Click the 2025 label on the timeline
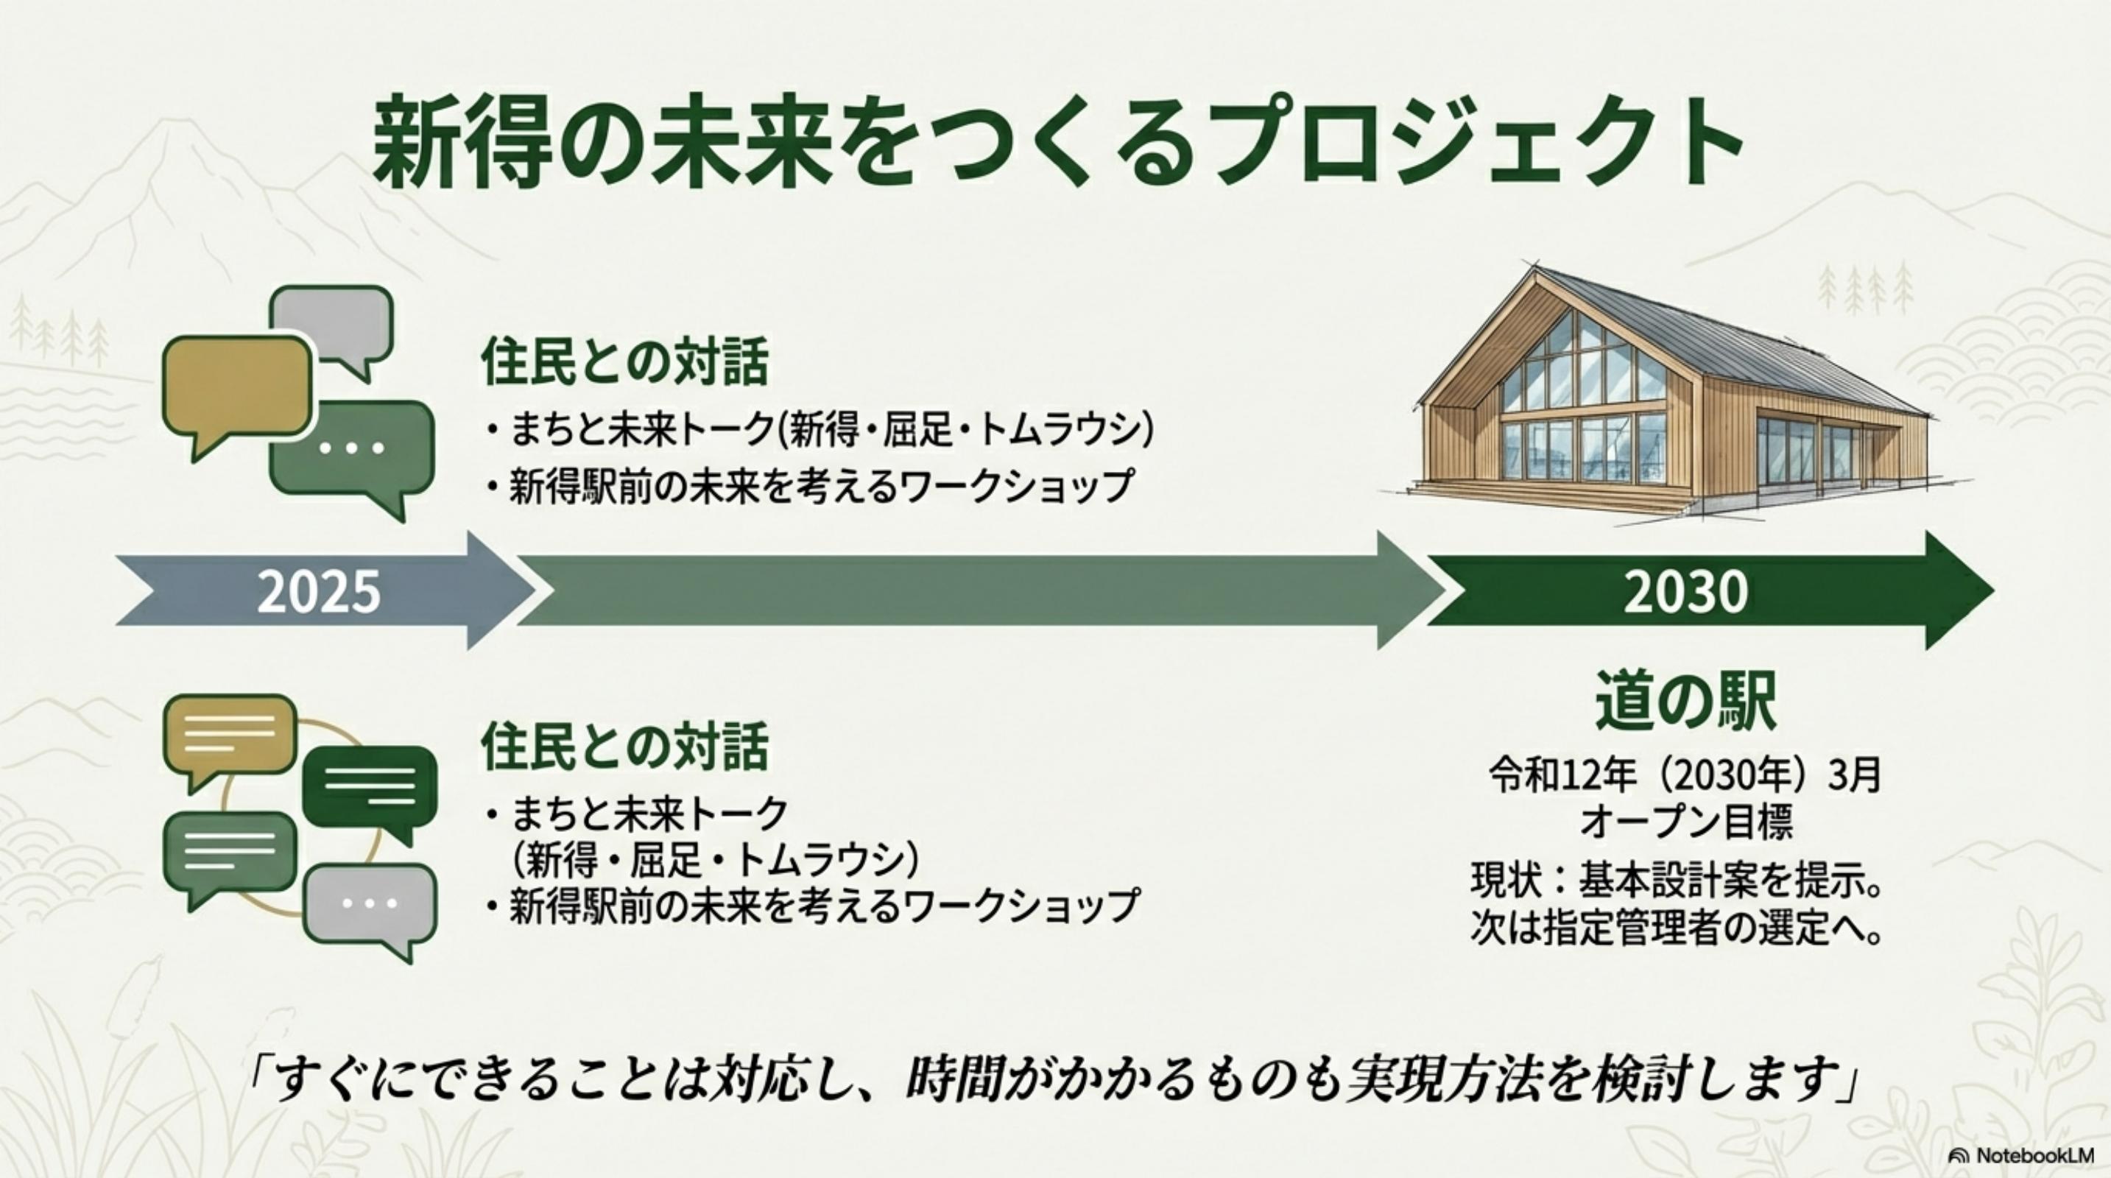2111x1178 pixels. pyautogui.click(x=319, y=591)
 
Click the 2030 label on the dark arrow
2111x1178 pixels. pyautogui.click(x=1685, y=591)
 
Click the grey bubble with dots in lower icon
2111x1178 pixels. pyautogui.click(x=370, y=909)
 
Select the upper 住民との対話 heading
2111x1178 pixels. pyautogui.click(x=624, y=362)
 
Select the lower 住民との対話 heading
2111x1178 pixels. pyautogui.click(x=624, y=747)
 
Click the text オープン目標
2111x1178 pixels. pyautogui.click(x=1686, y=822)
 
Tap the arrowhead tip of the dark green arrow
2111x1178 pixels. pyautogui.click(x=1993, y=590)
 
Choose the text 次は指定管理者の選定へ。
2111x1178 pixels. pyautogui.click(x=1675, y=929)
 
